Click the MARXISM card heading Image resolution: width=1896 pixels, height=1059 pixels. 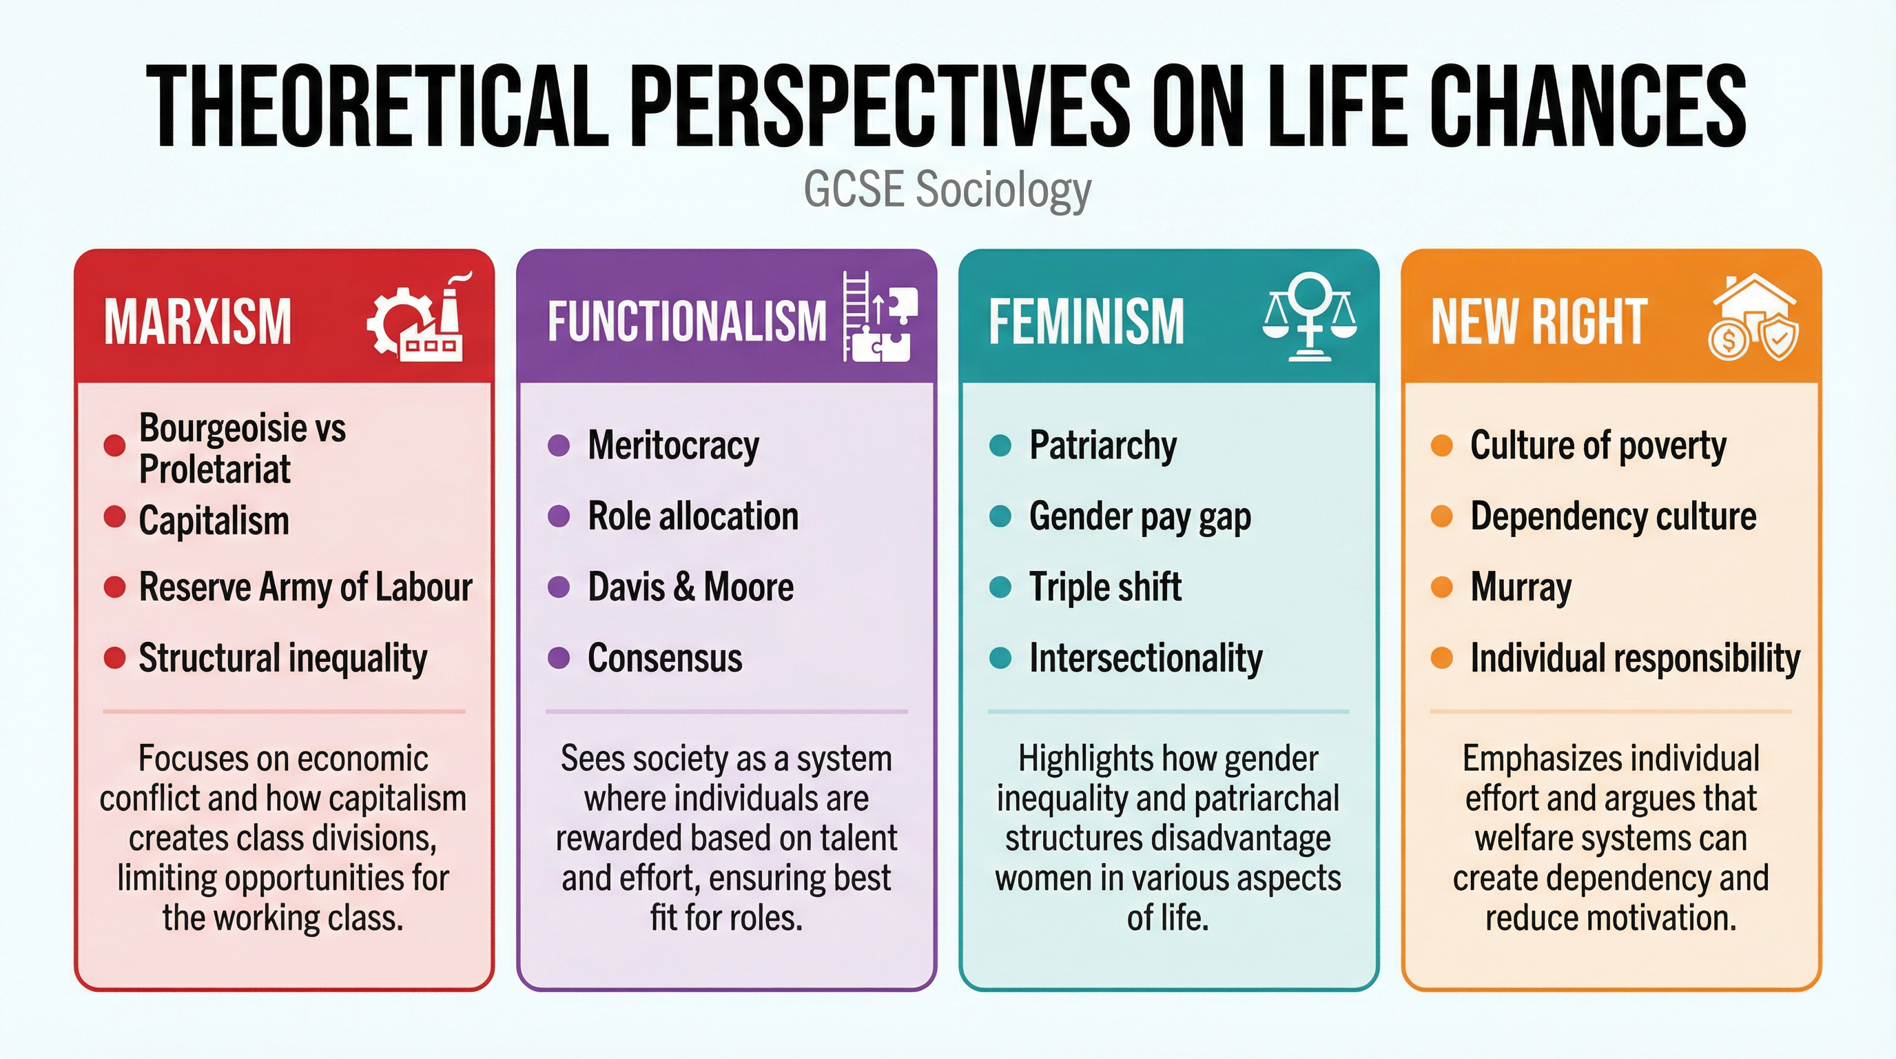click(198, 322)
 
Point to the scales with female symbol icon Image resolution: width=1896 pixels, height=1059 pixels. click(1310, 317)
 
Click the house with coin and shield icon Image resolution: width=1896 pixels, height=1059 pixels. click(1753, 317)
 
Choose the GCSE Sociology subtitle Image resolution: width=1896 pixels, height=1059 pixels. click(947, 190)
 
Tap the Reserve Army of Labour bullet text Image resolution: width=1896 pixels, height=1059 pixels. click(305, 587)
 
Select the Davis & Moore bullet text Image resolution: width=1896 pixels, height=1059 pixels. click(690, 587)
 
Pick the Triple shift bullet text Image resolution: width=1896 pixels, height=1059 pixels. click(1105, 587)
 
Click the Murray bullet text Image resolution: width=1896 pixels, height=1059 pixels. click(1521, 587)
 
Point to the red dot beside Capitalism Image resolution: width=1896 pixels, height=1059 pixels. click(115, 517)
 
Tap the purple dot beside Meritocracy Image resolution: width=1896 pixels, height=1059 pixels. click(559, 445)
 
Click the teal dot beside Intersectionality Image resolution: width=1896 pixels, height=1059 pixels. click(1000, 658)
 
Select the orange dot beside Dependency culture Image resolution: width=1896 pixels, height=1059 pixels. click(1441, 517)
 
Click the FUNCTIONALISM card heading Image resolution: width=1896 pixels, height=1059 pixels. click(687, 322)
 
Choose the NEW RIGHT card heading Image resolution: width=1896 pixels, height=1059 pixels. click(1538, 322)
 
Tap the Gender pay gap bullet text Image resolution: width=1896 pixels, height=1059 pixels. click(1140, 517)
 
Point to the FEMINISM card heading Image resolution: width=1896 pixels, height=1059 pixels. click(1086, 322)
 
